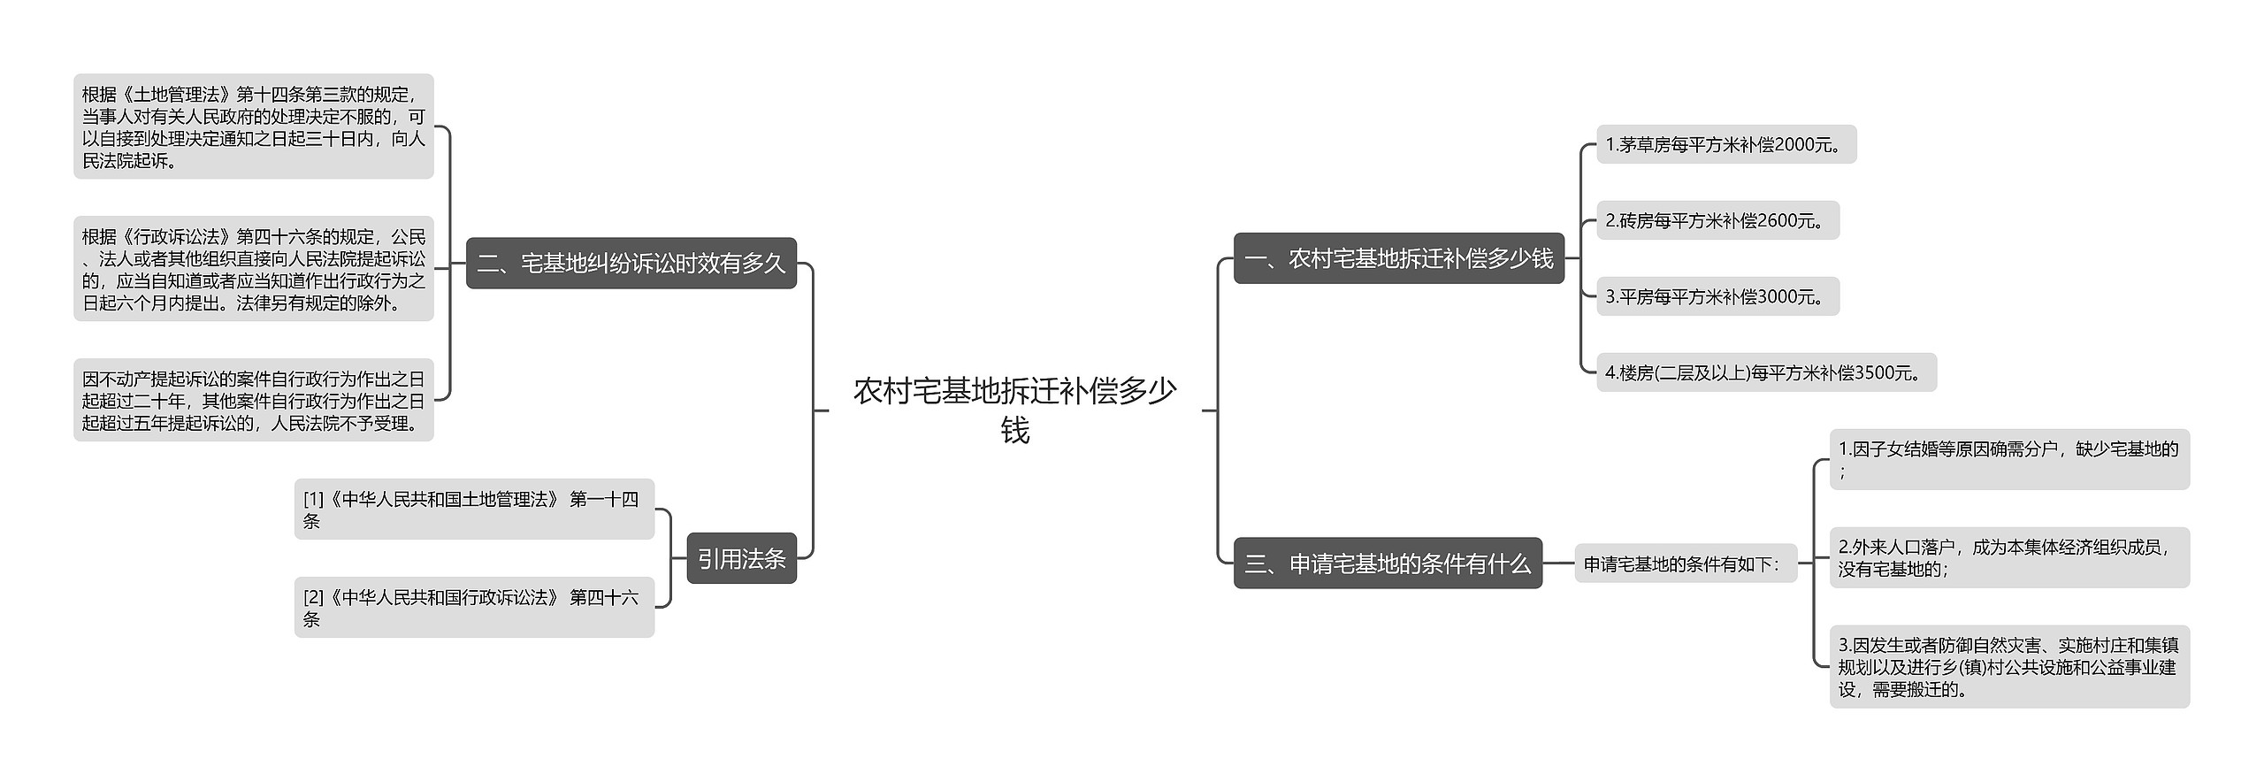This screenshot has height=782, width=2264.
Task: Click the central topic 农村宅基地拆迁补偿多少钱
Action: point(1014,410)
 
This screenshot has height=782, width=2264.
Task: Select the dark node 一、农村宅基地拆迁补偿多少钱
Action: point(1398,258)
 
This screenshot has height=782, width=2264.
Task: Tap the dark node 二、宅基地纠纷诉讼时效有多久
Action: point(631,263)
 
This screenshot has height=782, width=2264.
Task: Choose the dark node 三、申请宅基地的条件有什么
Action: point(1387,563)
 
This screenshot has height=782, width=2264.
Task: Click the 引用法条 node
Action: point(741,558)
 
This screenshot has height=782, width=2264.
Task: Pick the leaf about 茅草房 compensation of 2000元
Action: point(1725,144)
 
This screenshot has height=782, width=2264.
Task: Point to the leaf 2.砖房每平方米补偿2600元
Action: point(1717,220)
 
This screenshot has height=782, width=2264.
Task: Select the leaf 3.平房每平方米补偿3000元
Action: point(1717,296)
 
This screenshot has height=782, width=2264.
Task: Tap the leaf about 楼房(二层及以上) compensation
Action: point(1765,372)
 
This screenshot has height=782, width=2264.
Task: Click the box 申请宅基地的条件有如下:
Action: point(1685,563)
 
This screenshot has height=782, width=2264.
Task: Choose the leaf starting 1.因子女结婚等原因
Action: point(2008,460)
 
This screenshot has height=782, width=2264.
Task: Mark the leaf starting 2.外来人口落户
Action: point(2008,558)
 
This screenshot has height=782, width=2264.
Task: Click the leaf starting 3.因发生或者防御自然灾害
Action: point(2008,667)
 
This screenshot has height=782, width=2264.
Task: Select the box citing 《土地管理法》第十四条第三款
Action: point(254,126)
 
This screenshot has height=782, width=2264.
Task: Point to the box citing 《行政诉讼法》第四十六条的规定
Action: point(254,269)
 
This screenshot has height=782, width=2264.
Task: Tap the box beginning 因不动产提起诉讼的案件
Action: point(254,400)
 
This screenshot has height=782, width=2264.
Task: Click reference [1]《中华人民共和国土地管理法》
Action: point(474,510)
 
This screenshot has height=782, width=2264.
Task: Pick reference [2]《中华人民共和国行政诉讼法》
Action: point(474,608)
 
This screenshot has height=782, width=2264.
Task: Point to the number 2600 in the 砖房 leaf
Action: point(1778,221)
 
